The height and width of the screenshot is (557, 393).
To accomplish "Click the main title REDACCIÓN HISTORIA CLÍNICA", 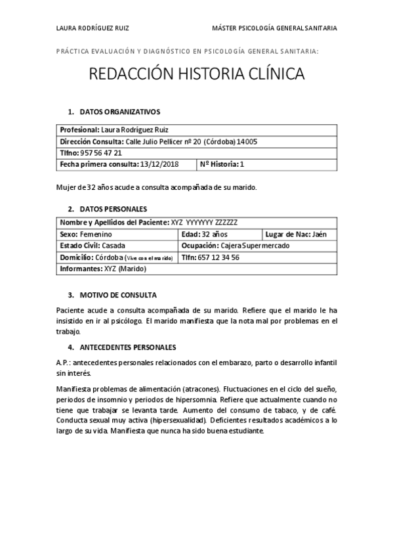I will (196, 74).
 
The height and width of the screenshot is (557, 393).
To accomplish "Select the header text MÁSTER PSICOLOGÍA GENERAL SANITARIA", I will (275, 28).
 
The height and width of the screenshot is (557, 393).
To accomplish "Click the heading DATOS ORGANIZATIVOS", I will (119, 112).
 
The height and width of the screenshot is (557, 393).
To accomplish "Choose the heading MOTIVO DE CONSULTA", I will (117, 295).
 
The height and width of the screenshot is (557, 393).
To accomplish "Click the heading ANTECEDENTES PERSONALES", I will (128, 346).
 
